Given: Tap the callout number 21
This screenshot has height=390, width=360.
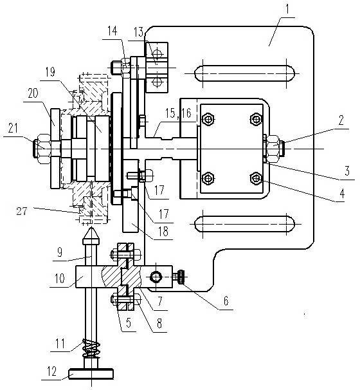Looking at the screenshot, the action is [13, 128].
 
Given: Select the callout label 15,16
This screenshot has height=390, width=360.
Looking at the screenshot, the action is [178, 113].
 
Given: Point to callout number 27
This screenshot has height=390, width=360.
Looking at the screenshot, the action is [22, 211].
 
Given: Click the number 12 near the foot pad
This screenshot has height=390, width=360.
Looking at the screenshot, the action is [52, 371].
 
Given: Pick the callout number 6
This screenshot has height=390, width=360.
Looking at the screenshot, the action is [226, 301].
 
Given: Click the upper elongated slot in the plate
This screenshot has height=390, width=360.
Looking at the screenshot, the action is [244, 73].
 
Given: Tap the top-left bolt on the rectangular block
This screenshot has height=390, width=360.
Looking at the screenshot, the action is [208, 119].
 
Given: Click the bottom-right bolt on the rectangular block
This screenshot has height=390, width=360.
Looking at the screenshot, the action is [256, 178].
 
